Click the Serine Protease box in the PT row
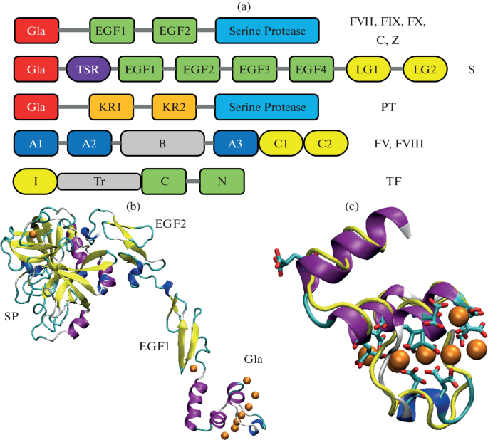click(x=267, y=108)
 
